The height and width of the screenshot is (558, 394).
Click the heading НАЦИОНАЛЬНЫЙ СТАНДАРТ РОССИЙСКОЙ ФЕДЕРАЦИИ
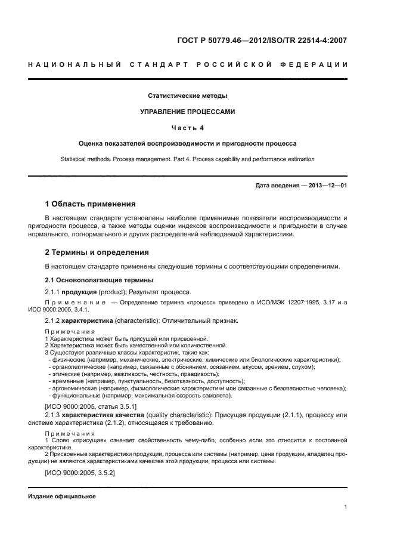(188, 64)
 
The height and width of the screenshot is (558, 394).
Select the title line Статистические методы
(188, 95)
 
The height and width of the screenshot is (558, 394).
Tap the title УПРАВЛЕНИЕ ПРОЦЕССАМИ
(188, 112)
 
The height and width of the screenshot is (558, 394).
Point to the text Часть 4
(188, 127)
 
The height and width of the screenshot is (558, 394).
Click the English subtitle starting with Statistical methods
(188, 159)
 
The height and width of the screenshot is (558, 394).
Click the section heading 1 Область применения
(91, 204)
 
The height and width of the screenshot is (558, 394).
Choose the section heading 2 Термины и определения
(97, 252)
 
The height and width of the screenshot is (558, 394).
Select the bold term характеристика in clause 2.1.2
(90, 320)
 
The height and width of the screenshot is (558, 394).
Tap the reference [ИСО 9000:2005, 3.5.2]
(80, 473)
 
